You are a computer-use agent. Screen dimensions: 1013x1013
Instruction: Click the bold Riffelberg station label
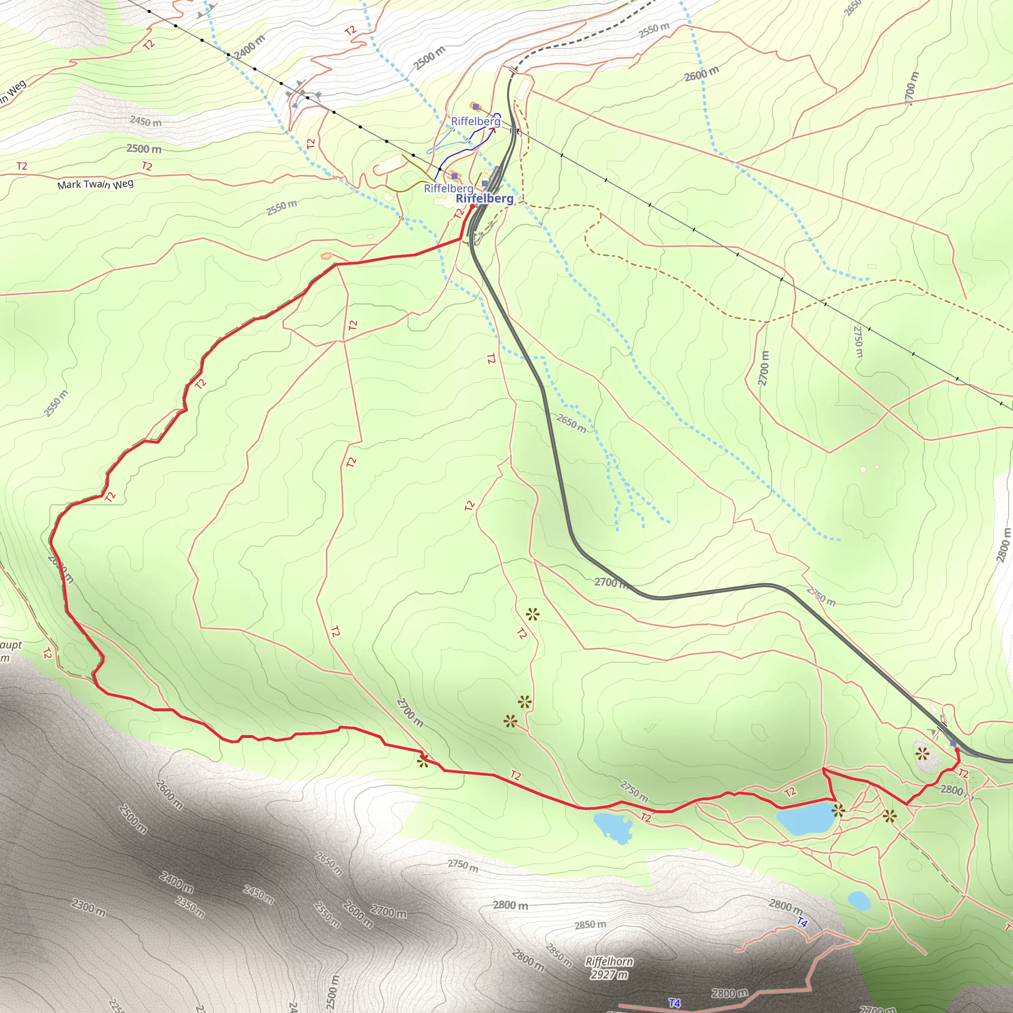[x=484, y=198]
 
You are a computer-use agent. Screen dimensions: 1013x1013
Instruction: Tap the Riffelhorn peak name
[x=609, y=962]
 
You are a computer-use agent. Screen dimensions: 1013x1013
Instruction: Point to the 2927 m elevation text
[x=608, y=975]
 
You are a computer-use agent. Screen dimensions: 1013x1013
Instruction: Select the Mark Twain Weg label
[x=95, y=184]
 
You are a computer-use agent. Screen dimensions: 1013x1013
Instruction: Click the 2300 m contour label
[x=89, y=908]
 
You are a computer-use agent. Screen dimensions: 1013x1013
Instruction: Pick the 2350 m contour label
[x=190, y=908]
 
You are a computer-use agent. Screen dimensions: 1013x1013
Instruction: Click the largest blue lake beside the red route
[x=806, y=818]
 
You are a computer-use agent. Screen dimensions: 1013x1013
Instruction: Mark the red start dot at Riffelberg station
[x=472, y=207]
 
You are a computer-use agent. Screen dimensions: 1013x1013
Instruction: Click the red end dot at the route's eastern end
[x=957, y=749]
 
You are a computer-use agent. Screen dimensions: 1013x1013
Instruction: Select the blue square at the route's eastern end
[x=953, y=743]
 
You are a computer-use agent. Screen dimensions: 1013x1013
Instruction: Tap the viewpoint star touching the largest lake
[x=838, y=811]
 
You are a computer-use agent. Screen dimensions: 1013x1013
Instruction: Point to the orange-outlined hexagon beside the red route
[x=326, y=256]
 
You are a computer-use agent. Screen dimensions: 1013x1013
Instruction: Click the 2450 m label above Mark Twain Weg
[x=145, y=122]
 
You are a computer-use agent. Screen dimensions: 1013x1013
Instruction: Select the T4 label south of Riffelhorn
[x=674, y=1003]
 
